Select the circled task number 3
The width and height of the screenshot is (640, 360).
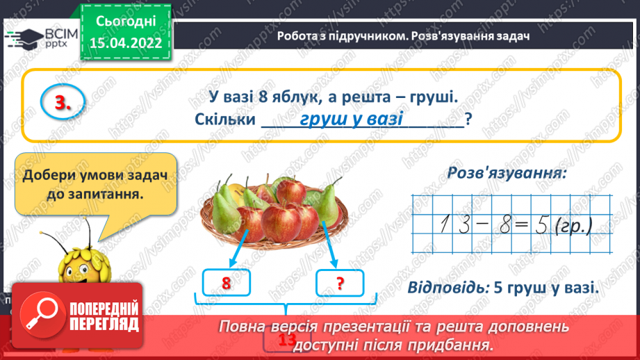pos(61,104)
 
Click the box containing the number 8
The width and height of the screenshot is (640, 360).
pos(225,283)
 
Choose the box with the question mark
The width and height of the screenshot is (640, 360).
pos(340,283)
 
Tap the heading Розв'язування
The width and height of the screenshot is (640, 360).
pos(507,173)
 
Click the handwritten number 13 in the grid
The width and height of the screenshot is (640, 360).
pos(452,224)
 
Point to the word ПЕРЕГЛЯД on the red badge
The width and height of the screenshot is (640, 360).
pos(97,324)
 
